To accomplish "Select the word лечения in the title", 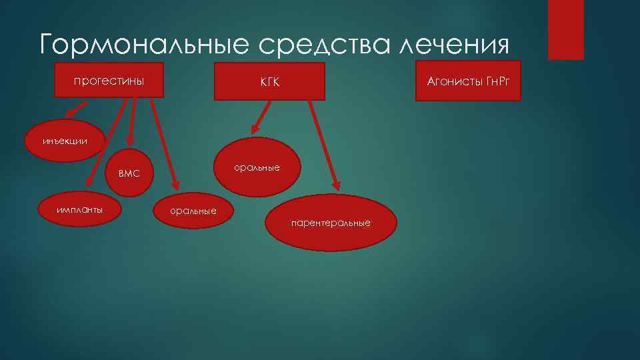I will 454,44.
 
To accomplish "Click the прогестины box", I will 109,81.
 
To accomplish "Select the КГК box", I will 269,82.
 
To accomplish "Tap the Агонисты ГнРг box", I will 467,81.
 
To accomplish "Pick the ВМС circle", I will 129,173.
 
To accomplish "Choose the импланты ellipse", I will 79,209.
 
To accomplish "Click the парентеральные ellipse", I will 331,222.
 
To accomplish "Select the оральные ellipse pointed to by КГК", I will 256,167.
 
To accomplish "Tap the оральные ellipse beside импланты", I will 193,211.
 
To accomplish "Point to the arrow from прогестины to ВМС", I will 133,122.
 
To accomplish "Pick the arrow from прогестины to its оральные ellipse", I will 164,143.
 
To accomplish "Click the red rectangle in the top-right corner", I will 565,30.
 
